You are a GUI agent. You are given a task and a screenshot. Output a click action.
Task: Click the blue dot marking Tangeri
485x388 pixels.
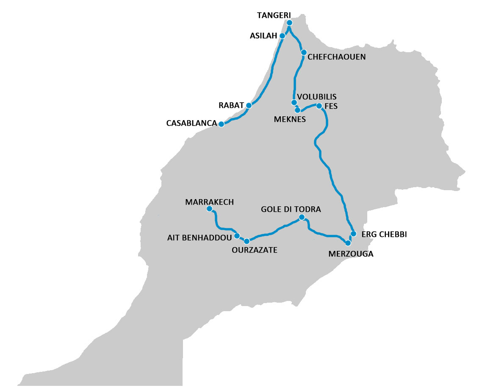(x=289, y=23)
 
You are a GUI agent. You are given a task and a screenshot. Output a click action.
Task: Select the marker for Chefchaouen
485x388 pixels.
(x=304, y=52)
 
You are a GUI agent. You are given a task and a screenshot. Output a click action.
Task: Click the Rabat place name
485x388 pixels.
(x=231, y=104)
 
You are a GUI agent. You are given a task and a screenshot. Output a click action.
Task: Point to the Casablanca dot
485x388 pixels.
(x=221, y=124)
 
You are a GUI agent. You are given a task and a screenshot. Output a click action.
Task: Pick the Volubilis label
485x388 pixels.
(x=316, y=97)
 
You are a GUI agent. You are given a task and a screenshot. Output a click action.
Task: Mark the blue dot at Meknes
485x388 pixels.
(x=298, y=110)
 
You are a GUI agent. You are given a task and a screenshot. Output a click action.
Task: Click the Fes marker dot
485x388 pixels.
(x=319, y=106)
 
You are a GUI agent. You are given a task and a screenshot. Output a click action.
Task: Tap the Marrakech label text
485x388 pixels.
(x=209, y=202)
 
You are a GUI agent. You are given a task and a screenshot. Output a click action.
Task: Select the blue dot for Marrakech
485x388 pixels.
(x=209, y=209)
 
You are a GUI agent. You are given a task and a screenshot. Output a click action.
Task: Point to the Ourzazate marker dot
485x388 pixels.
(x=247, y=241)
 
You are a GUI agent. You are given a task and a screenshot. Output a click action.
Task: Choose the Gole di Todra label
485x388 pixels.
(x=291, y=209)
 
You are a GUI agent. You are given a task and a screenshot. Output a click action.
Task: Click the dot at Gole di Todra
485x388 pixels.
(x=302, y=217)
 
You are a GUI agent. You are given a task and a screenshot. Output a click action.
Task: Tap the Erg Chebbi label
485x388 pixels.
(x=384, y=234)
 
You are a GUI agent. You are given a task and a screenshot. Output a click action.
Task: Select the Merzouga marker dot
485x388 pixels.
(x=348, y=243)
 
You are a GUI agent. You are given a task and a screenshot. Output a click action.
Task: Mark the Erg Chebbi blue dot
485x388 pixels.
(x=353, y=233)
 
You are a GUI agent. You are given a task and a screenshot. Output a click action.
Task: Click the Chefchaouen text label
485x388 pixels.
(x=336, y=57)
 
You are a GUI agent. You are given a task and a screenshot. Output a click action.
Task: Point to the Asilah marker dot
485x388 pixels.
(x=283, y=36)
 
